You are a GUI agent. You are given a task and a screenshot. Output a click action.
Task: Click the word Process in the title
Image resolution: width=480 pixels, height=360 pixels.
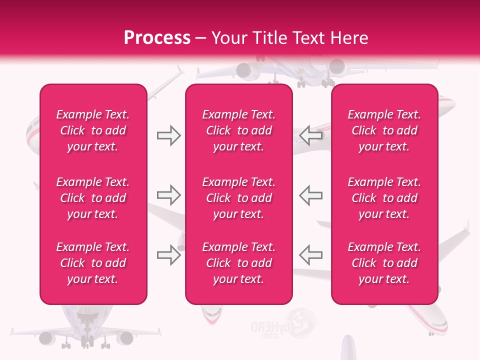[157, 37]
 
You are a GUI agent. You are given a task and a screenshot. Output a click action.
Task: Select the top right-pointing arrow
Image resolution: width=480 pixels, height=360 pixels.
[168, 135]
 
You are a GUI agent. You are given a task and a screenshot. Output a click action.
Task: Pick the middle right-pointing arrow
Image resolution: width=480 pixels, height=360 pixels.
[168, 195]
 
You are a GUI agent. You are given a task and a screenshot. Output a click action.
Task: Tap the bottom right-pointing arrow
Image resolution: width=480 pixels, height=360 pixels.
[168, 255]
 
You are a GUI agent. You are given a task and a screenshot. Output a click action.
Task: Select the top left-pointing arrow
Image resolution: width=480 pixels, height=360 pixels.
[310, 135]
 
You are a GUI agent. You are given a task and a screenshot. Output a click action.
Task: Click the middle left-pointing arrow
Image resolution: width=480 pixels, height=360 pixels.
[310, 195]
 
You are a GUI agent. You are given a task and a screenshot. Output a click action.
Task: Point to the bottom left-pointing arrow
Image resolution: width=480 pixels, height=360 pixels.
[310, 255]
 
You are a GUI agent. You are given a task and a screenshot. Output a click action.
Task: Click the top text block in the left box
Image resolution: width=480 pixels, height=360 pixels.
[93, 130]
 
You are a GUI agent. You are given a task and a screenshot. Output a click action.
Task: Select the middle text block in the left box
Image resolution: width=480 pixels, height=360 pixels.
[93, 198]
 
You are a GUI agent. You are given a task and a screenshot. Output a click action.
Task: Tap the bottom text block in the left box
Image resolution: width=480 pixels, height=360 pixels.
[93, 263]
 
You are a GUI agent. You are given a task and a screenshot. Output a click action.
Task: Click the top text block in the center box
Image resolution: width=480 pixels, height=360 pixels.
[239, 130]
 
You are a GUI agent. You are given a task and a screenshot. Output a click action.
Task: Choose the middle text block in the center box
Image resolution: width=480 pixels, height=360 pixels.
[239, 198]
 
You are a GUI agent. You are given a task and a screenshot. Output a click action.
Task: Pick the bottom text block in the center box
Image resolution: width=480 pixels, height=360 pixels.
[239, 263]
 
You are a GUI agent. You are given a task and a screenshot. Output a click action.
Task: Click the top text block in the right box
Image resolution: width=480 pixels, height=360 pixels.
[384, 130]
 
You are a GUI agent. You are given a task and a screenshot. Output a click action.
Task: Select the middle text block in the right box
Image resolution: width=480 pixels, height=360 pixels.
[384, 198]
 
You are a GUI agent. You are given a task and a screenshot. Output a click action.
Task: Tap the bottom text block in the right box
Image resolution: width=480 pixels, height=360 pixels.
[384, 263]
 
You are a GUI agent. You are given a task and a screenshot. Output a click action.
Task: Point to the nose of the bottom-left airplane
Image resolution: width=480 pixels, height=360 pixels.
[86, 320]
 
